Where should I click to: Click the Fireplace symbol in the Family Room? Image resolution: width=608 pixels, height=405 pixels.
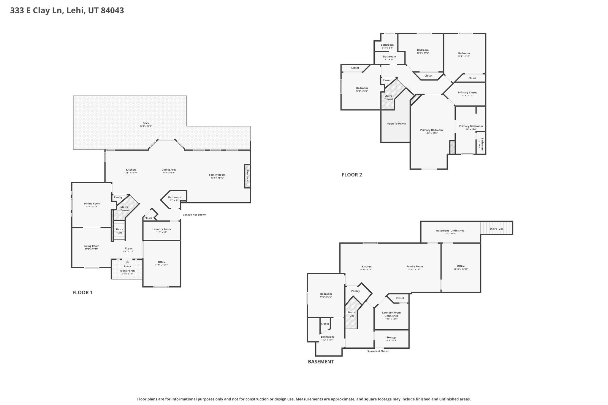[x=247, y=176]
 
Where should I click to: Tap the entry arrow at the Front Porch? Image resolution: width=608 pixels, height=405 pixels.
[x=127, y=262]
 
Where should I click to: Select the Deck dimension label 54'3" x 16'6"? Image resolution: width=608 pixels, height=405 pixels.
[x=146, y=126]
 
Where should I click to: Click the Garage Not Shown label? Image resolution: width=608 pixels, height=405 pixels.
[x=194, y=215]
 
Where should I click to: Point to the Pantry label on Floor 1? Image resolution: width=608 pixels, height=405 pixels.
[x=118, y=197]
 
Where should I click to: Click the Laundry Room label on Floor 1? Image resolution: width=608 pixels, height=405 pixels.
[x=161, y=229]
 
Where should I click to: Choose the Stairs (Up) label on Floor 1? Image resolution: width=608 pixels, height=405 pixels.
[x=119, y=231]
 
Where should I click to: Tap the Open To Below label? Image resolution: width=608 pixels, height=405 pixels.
[x=396, y=124]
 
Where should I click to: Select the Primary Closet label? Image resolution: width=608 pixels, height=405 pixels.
[x=467, y=93]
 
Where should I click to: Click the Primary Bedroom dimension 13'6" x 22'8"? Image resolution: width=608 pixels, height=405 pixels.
[x=431, y=133]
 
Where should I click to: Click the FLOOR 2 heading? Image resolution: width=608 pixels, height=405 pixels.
[x=351, y=175]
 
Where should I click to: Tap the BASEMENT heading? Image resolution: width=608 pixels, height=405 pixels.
[x=321, y=362]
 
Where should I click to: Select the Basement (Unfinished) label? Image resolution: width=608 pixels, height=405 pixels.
[x=450, y=231]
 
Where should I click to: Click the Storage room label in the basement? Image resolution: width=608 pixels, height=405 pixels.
[x=391, y=338]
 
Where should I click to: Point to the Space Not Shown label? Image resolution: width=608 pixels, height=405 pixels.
[x=378, y=351]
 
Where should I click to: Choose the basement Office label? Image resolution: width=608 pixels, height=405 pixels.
[x=460, y=266]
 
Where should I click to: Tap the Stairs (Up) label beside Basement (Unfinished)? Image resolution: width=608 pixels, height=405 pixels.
[x=496, y=229]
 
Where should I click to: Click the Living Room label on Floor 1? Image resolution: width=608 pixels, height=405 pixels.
[x=91, y=246]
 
